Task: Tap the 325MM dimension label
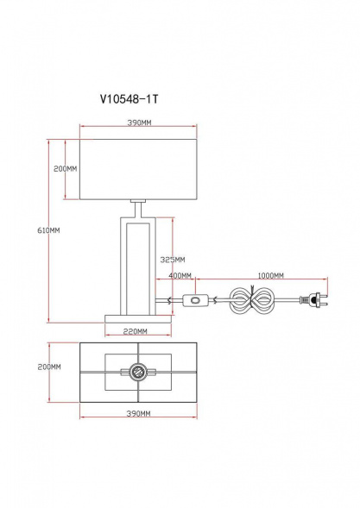coord(173,259)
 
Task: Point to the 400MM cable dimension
coord(180,275)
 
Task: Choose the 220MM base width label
coord(134,330)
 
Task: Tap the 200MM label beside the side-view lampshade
coord(66,169)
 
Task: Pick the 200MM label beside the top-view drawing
coord(49,367)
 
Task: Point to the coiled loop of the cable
coord(256,302)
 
